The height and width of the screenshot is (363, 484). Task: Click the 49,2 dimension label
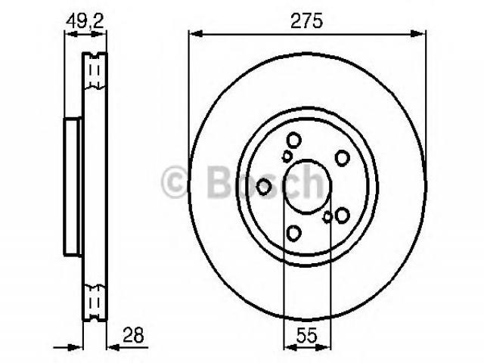click(85, 20)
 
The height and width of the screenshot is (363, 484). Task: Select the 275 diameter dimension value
click(306, 20)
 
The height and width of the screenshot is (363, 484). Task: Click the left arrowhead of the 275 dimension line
click(196, 33)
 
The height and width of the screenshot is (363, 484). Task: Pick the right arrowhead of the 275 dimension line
click(418, 33)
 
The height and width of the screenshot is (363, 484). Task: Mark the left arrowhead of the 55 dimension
click(290, 348)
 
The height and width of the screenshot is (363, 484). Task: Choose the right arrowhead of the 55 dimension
click(324, 348)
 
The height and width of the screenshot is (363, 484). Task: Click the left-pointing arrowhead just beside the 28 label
click(113, 348)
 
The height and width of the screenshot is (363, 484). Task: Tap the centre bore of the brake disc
click(308, 187)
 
